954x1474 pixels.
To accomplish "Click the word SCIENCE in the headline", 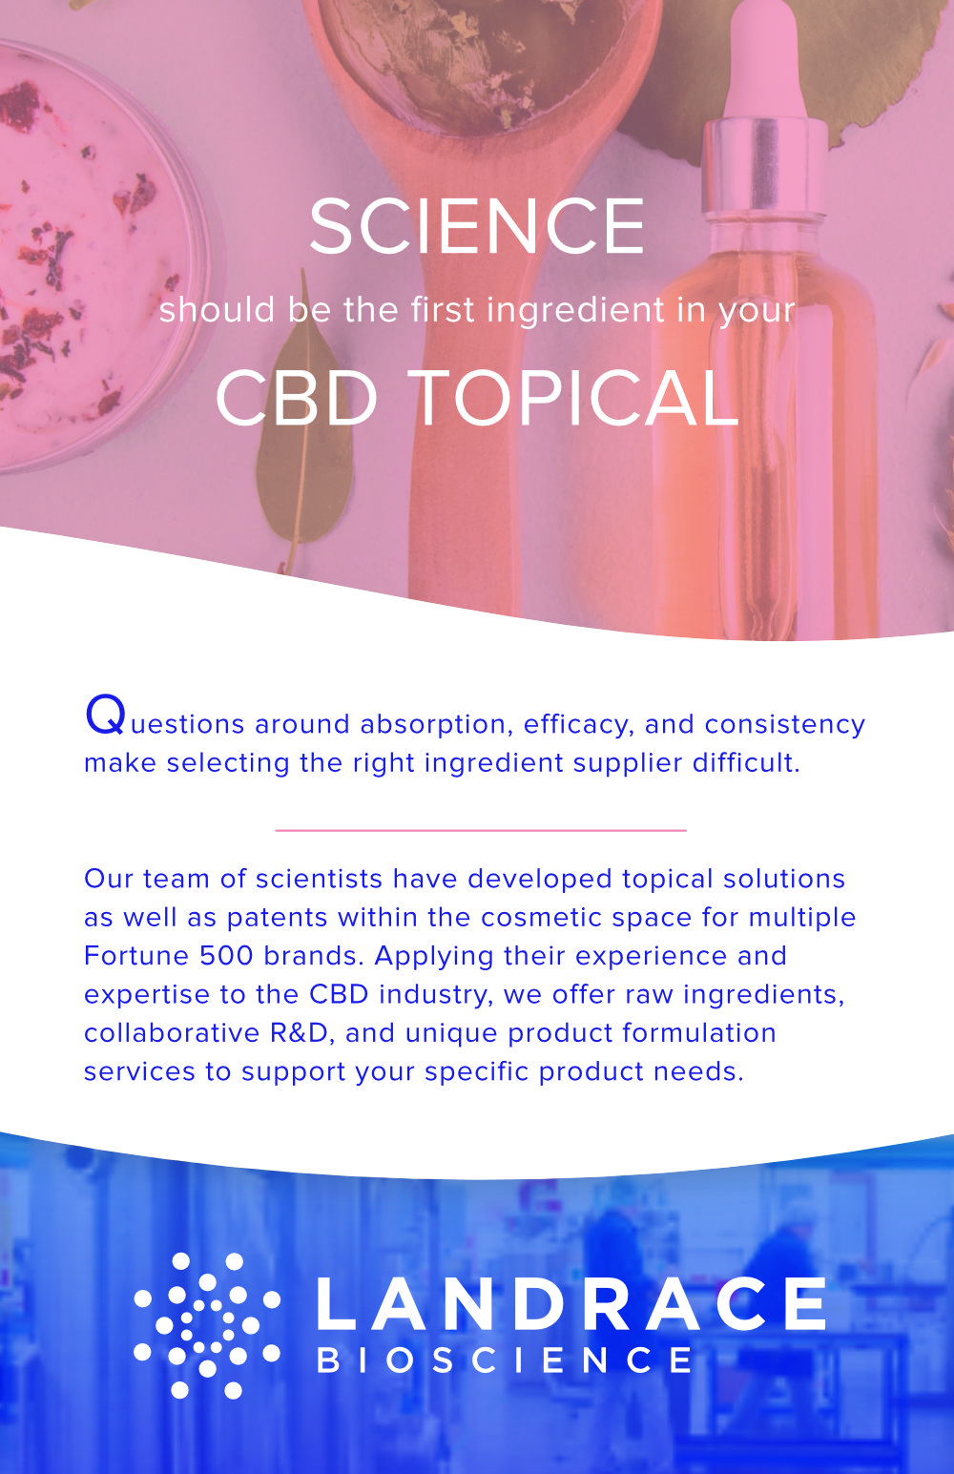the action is tap(477, 226).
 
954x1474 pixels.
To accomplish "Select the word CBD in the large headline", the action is tap(297, 398).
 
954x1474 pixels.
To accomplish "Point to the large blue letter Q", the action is tap(105, 716).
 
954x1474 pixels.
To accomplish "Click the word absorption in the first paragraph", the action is tap(437, 725).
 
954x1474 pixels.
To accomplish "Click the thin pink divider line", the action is tap(481, 830).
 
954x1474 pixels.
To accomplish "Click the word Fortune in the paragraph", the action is tap(136, 956).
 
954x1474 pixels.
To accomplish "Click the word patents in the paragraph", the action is tap(277, 918).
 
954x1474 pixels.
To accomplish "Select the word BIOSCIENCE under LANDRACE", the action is tap(505, 1360).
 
